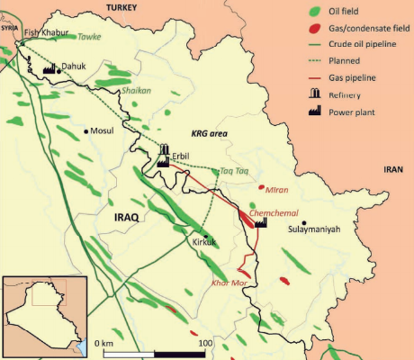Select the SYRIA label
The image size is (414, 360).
click(x=10, y=28)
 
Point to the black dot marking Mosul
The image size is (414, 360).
click(x=86, y=131)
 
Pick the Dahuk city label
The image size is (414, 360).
click(x=75, y=66)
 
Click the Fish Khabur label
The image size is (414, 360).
click(x=47, y=32)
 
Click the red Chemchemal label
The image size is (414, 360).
click(x=271, y=212)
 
